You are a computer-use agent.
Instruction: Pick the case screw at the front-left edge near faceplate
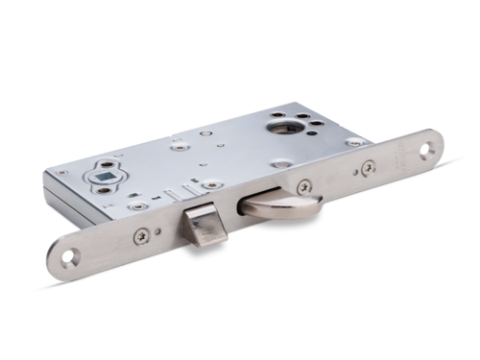click(139, 204)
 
